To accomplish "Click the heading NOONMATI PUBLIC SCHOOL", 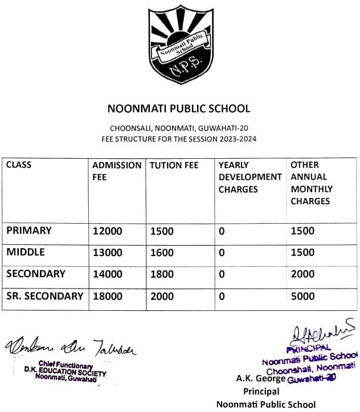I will pyautogui.click(x=179, y=108).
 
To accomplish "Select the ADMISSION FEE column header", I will pyautogui.click(x=117, y=171).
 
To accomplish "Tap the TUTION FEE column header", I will pyautogui.click(x=174, y=166).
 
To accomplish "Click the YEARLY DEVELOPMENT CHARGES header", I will pyautogui.click(x=250, y=177).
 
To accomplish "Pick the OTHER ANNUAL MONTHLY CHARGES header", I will pyautogui.click(x=312, y=183).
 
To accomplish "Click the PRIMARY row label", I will pyautogui.click(x=29, y=231).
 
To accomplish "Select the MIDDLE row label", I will pyautogui.click(x=26, y=252).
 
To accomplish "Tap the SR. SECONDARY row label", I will pyautogui.click(x=44, y=296).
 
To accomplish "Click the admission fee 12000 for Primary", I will pyautogui.click(x=107, y=232).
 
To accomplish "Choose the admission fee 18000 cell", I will pyautogui.click(x=107, y=296).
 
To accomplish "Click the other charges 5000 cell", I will pyautogui.click(x=302, y=296).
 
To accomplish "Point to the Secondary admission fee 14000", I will pyautogui.click(x=107, y=274).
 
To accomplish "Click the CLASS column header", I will pyautogui.click(x=19, y=165).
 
